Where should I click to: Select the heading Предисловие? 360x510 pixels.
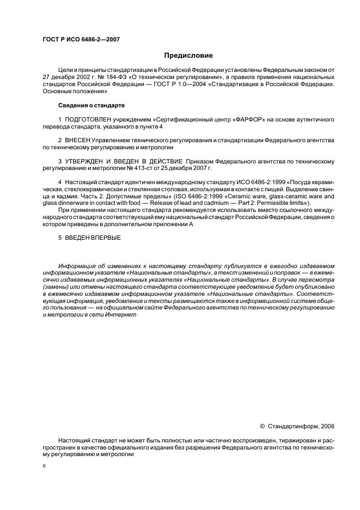188,56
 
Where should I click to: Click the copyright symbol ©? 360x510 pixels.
263,427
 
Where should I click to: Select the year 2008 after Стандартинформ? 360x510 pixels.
327,427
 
